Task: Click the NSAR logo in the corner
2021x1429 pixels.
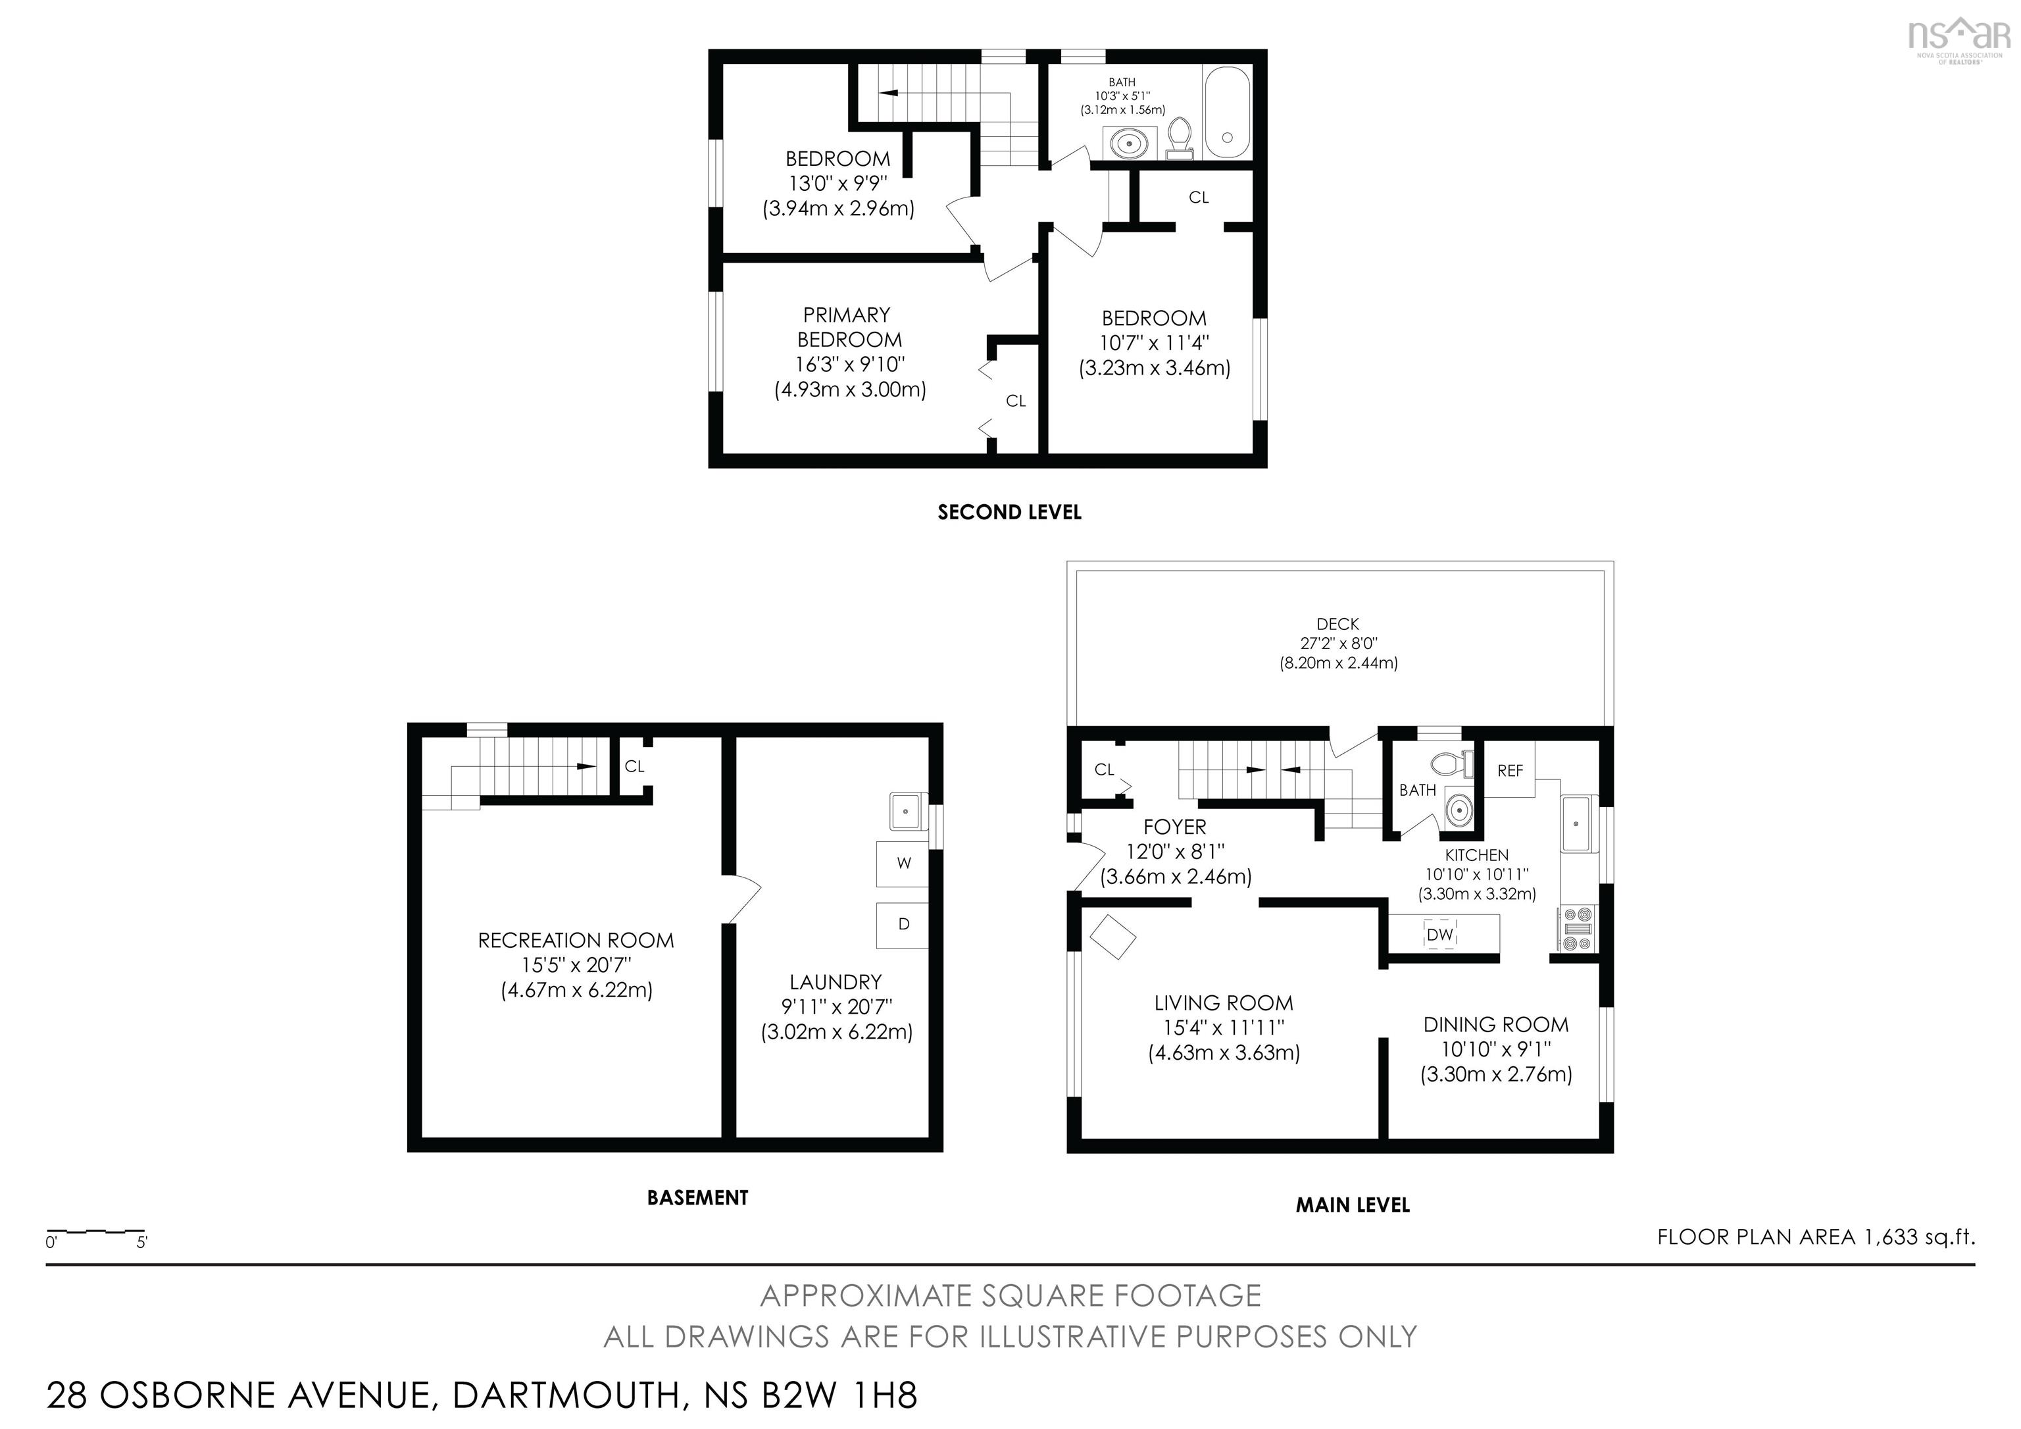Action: [1959, 39]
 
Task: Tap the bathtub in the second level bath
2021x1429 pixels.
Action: [1227, 112]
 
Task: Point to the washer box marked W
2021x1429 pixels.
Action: [903, 864]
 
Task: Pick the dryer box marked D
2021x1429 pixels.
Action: [903, 925]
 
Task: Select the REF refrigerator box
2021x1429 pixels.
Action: [1510, 770]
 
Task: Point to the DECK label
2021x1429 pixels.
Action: [1338, 624]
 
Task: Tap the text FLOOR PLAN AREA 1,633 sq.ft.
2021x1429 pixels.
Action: [1816, 1237]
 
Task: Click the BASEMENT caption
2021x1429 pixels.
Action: [697, 1197]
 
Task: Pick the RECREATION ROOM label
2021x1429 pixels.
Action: [576, 941]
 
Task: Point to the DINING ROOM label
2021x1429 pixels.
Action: [1495, 1025]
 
